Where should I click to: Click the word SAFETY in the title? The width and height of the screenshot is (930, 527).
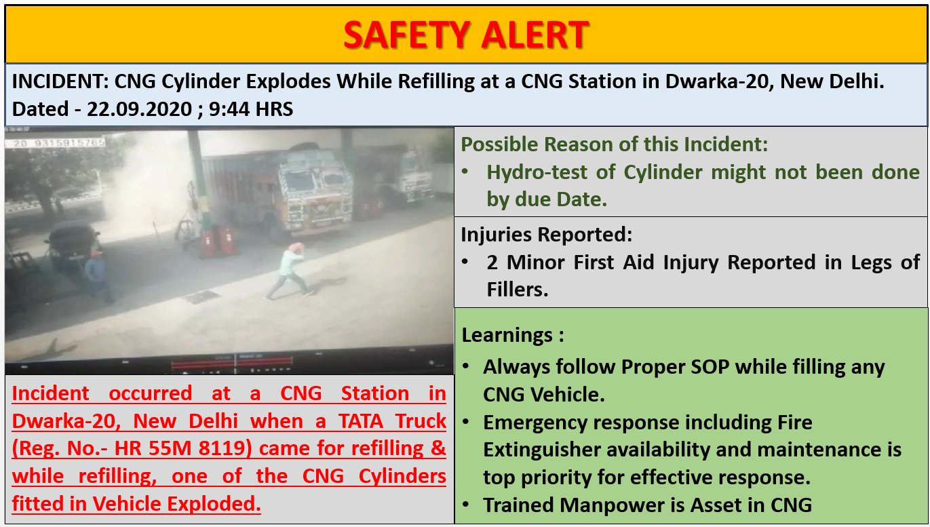(407, 35)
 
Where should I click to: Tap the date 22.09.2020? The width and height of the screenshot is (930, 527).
(140, 109)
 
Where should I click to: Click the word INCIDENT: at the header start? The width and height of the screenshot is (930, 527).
(60, 81)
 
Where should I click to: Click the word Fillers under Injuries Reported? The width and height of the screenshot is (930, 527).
(518, 290)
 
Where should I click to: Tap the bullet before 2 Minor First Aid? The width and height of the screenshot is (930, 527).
(465, 262)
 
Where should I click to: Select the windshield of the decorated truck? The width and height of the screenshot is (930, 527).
(315, 180)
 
